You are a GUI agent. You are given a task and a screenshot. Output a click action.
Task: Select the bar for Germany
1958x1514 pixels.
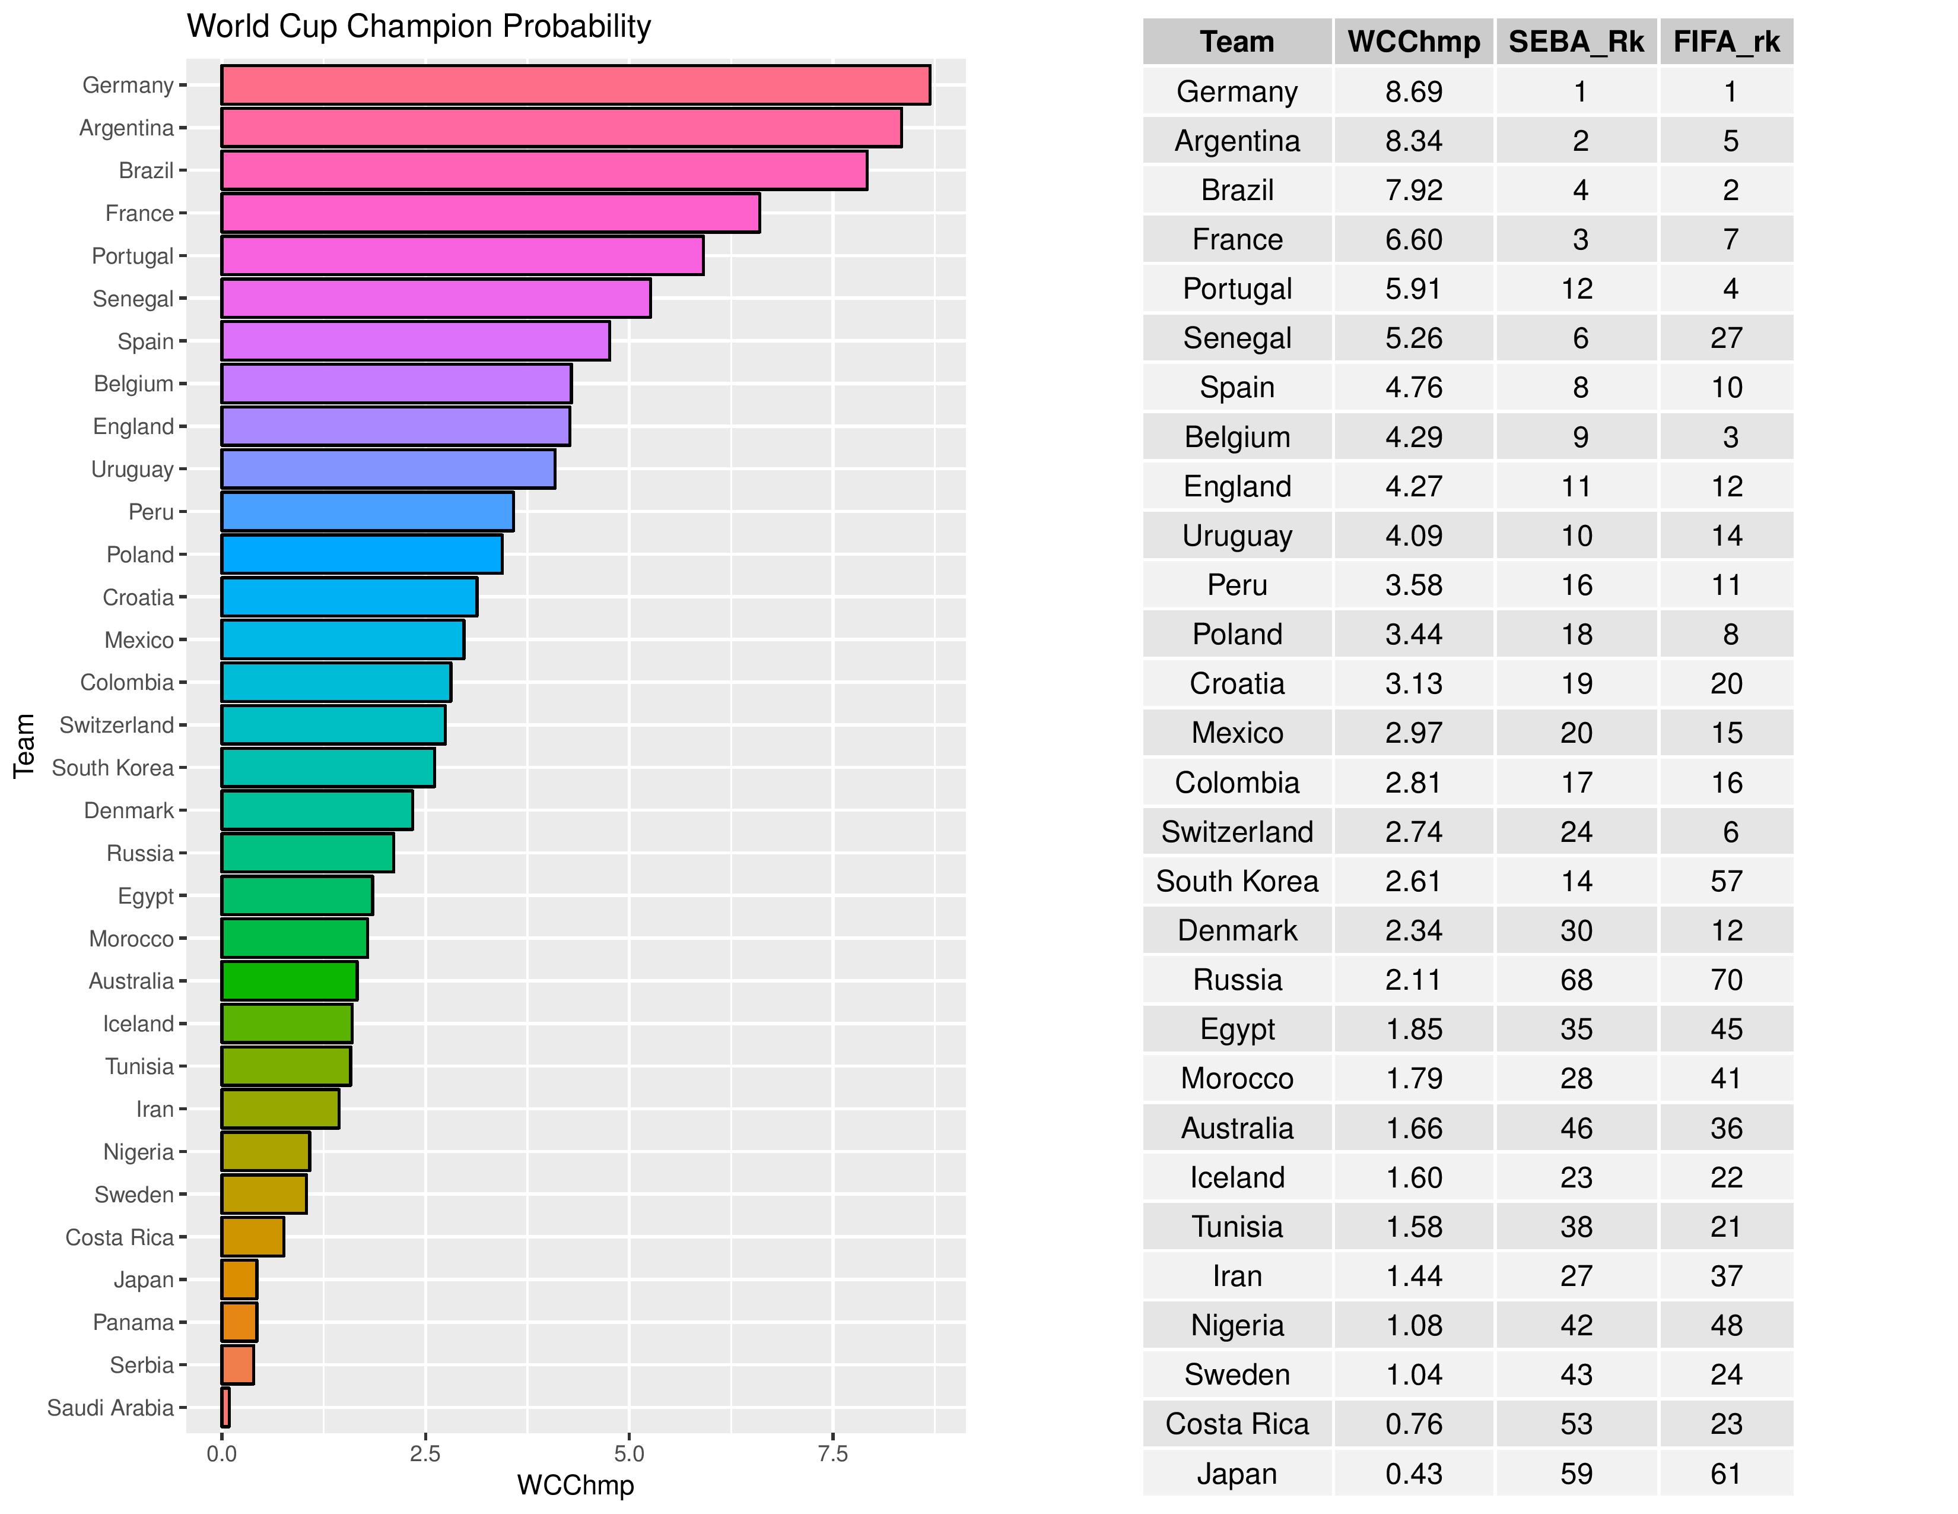(x=575, y=85)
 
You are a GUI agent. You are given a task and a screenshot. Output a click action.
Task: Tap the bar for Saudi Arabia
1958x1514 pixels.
(x=225, y=1407)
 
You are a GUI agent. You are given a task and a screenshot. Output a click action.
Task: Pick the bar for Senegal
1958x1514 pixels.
(x=436, y=299)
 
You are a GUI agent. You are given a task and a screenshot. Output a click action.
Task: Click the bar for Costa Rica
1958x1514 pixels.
(x=253, y=1237)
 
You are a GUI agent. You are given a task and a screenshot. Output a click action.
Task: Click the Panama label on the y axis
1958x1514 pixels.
(x=133, y=1322)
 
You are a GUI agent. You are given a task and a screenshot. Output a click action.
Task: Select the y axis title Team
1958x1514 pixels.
(x=24, y=745)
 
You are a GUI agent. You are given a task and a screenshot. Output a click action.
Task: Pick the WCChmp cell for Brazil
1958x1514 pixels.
(x=1414, y=190)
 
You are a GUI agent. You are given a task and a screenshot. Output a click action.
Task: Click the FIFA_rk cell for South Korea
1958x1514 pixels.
(x=1726, y=880)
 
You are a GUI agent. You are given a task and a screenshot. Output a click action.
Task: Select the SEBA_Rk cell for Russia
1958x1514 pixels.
(x=1576, y=980)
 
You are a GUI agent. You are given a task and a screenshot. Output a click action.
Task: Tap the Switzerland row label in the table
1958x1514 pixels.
(x=1237, y=831)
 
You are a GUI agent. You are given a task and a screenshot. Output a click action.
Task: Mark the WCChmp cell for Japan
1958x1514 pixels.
(x=1414, y=1474)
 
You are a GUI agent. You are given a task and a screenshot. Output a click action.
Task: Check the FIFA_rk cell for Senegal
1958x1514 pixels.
(x=1726, y=338)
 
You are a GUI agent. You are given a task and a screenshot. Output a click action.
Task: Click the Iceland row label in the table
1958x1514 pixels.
(x=1237, y=1177)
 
